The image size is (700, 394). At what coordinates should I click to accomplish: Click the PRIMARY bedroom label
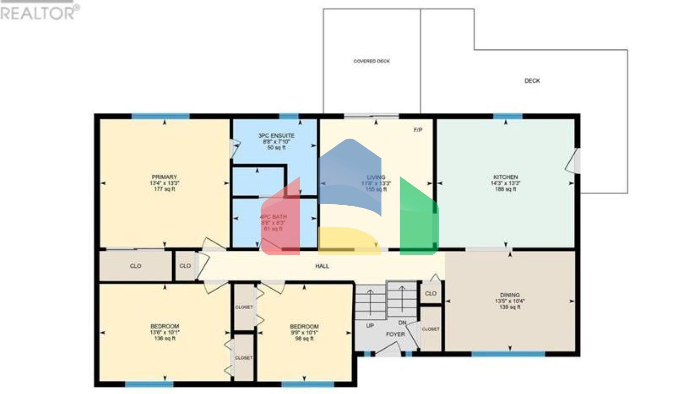point(164,177)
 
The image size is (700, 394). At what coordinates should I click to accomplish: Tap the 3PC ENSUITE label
point(276,136)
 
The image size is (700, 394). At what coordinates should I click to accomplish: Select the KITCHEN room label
point(505,177)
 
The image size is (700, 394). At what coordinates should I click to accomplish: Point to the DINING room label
point(510,295)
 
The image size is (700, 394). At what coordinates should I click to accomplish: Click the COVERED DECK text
point(371,61)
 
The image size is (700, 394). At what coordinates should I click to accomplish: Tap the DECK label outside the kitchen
point(532,81)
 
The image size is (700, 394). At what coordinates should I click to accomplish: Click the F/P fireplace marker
point(418,130)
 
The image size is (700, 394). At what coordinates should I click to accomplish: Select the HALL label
point(322,266)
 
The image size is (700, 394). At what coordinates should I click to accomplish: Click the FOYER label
point(395,334)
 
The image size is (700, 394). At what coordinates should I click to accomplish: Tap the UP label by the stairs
point(370,326)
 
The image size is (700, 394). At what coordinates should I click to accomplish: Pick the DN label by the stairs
point(402,323)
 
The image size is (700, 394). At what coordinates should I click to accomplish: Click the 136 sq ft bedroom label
point(165,338)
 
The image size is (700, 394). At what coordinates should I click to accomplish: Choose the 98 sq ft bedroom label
point(304,338)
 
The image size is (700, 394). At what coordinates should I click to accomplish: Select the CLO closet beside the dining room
point(431,294)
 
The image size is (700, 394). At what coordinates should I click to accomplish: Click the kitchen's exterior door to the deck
point(573,161)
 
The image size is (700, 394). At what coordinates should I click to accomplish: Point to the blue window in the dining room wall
point(508,354)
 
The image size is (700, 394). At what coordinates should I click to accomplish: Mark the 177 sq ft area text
point(164,189)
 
